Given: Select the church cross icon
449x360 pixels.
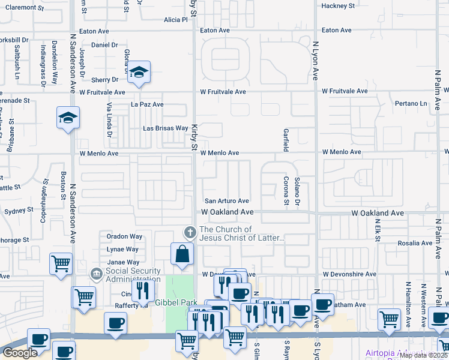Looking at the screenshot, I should [190, 232].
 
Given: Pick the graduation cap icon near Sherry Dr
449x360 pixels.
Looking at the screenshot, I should [139, 73].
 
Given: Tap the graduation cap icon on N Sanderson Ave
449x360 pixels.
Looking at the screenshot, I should [68, 118].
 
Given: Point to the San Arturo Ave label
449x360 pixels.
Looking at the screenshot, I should [227, 201].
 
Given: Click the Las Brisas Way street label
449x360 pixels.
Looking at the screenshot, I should [166, 128].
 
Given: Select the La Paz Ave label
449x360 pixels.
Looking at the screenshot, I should [147, 104].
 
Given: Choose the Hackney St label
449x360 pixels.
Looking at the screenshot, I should [338, 6].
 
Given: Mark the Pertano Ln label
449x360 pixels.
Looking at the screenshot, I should [411, 104].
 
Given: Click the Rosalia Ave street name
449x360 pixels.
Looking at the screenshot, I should [415, 244].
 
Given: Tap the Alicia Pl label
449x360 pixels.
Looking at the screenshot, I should [176, 20].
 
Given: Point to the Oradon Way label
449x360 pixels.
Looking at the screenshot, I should [124, 236].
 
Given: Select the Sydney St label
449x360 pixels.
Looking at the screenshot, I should [19, 211].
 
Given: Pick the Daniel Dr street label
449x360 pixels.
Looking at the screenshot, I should [104, 45].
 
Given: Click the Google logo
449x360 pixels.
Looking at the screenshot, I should [20, 353].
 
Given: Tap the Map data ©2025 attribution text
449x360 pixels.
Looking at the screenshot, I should [424, 355].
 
